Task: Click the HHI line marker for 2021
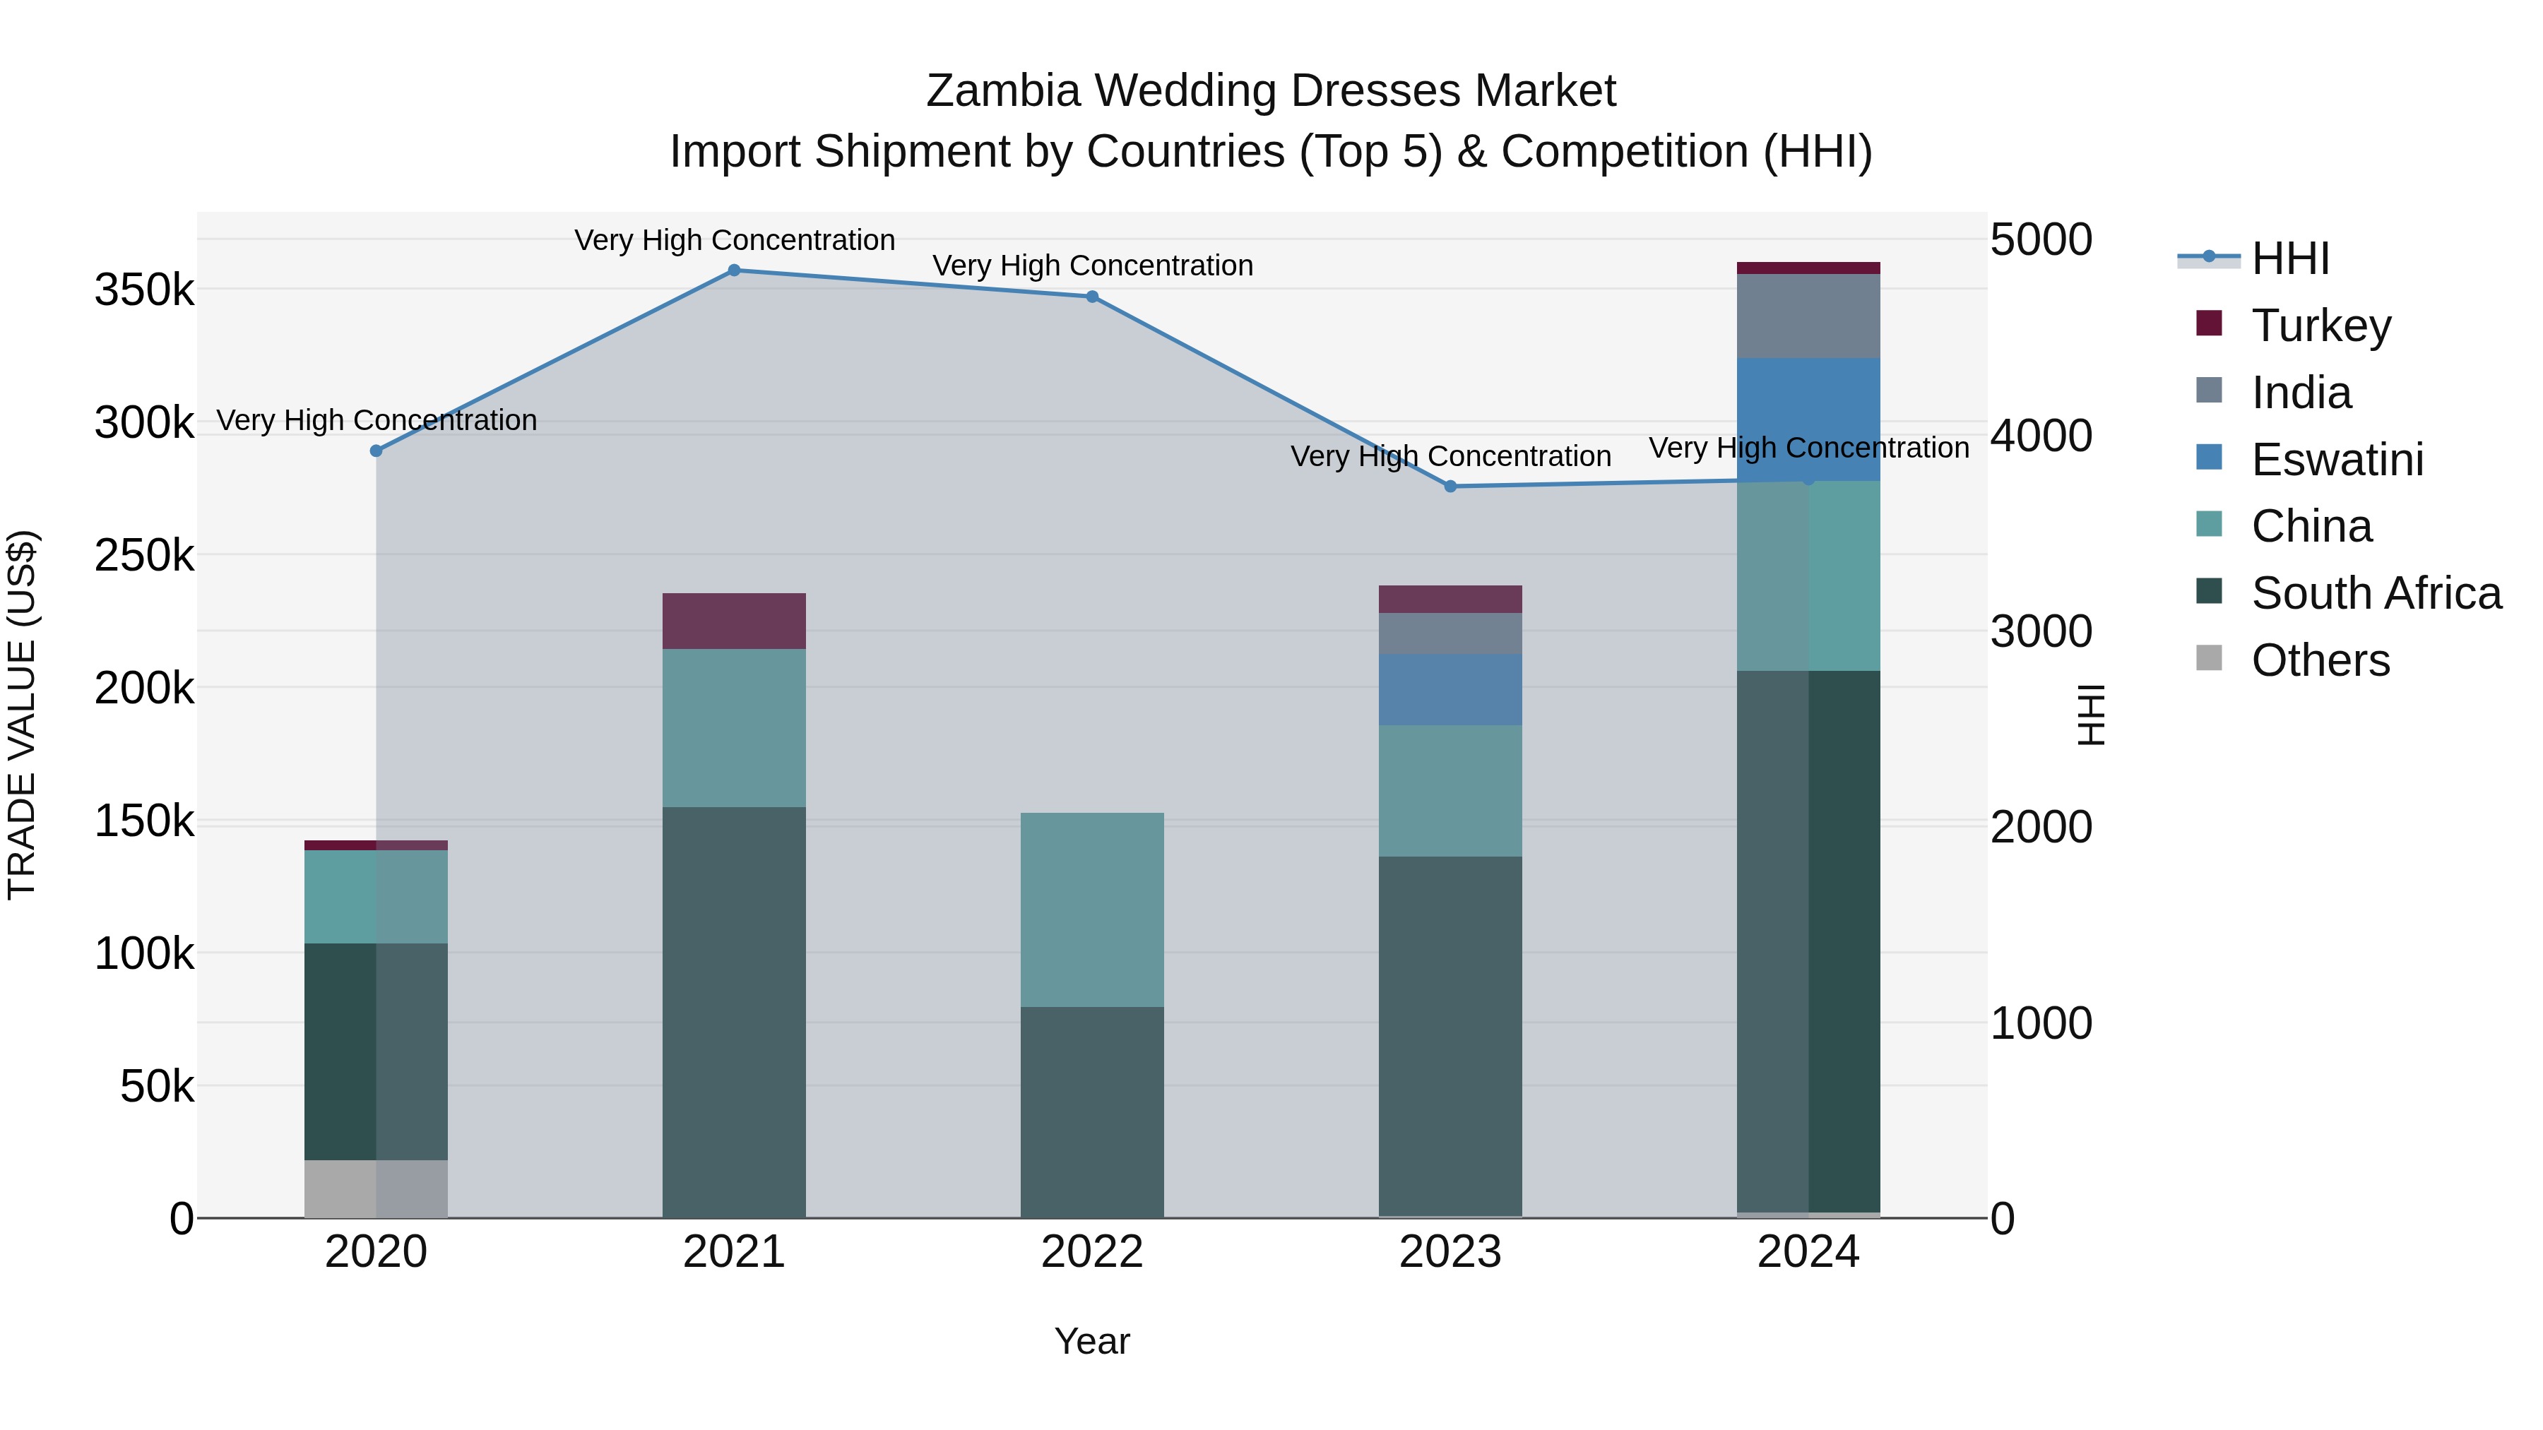tap(733, 270)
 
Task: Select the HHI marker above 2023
tap(1450, 487)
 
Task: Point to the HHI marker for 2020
tap(376, 451)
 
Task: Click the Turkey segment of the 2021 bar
tap(733, 621)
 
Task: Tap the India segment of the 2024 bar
tap(1808, 316)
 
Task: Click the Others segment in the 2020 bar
tap(376, 1188)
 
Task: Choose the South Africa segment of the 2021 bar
tap(733, 1011)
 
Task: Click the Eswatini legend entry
tap(2337, 460)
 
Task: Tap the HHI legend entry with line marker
tap(2289, 258)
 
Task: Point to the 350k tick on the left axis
tap(144, 291)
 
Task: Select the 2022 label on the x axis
tap(1092, 1252)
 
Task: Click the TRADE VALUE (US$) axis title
tap(23, 715)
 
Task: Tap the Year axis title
tap(1092, 1341)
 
